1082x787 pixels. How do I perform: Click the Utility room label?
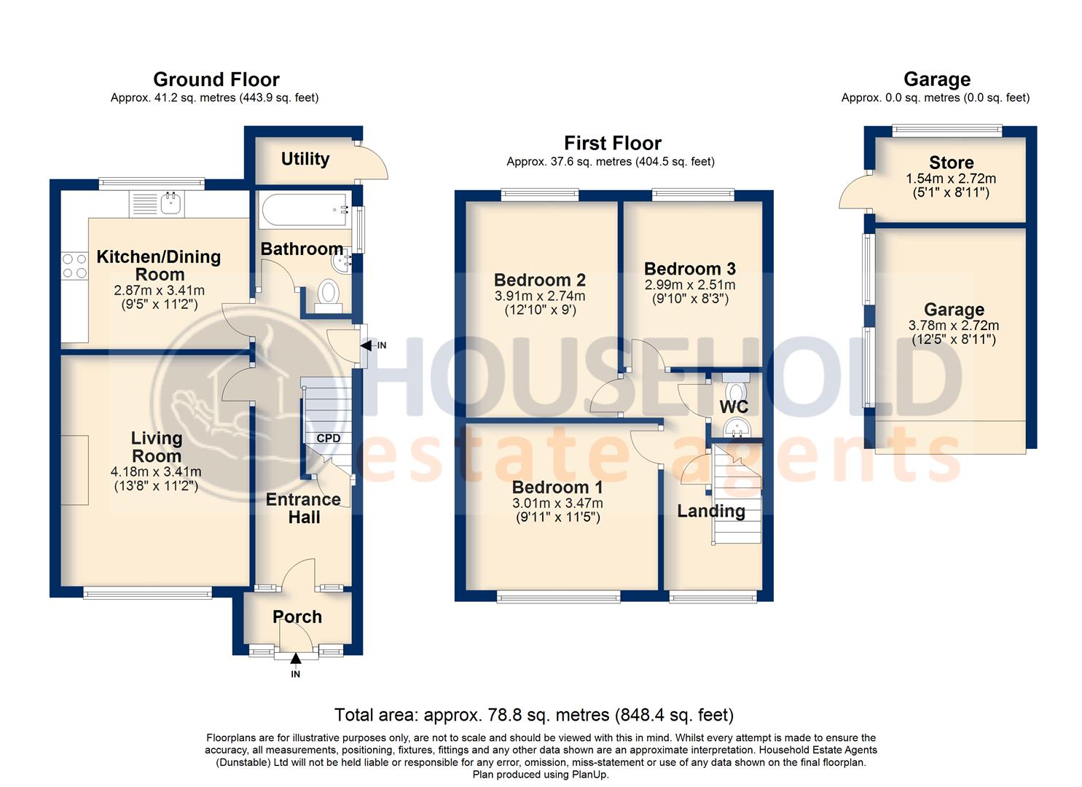coord(305,159)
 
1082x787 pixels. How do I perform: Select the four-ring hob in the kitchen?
coord(74,266)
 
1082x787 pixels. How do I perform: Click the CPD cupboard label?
coord(328,438)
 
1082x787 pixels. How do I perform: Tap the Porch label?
coord(297,616)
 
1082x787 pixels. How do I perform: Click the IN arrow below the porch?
coord(295,659)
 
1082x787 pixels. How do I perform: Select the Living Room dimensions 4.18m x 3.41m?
coord(157,471)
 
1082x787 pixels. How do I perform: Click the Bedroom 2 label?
coord(539,280)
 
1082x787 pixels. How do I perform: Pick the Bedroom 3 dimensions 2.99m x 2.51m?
coord(689,285)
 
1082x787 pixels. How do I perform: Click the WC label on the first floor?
coord(734,407)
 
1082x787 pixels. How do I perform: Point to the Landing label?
coord(710,511)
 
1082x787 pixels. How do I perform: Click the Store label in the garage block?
coord(951,163)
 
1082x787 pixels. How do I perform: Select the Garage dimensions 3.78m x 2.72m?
coord(954,326)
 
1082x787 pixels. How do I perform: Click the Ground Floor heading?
coord(216,79)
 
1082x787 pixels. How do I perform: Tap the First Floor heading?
coord(612,143)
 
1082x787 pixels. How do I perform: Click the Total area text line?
coord(533,715)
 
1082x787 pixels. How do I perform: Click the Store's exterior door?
coord(852,191)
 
